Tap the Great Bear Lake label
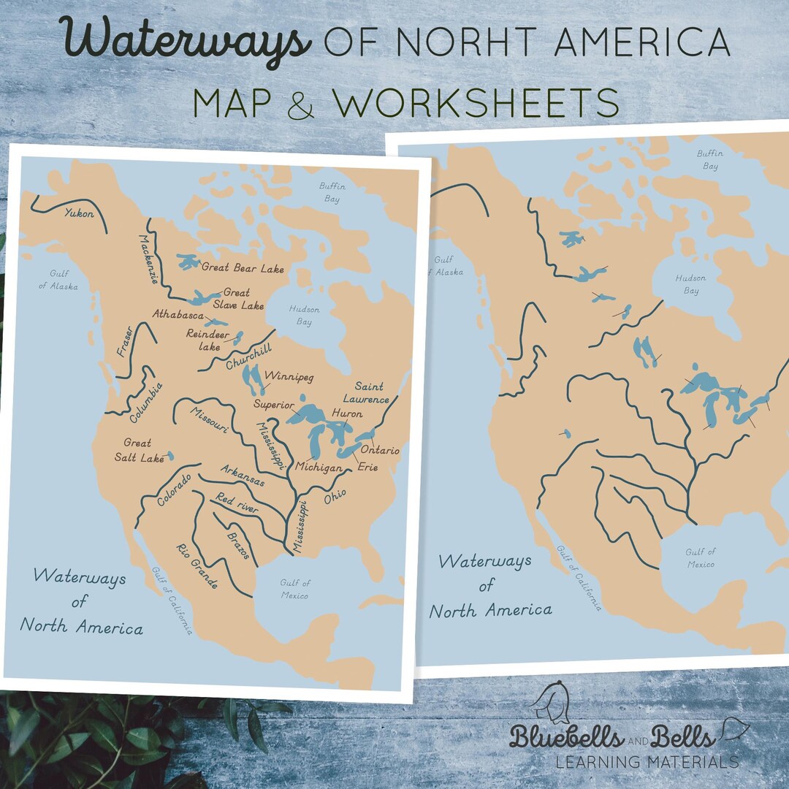[243, 269]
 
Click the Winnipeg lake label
[289, 377]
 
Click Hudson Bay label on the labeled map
[305, 316]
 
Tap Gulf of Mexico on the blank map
[700, 557]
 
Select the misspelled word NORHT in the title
[476, 44]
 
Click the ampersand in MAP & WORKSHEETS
[301, 104]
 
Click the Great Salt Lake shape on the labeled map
[169, 456]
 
